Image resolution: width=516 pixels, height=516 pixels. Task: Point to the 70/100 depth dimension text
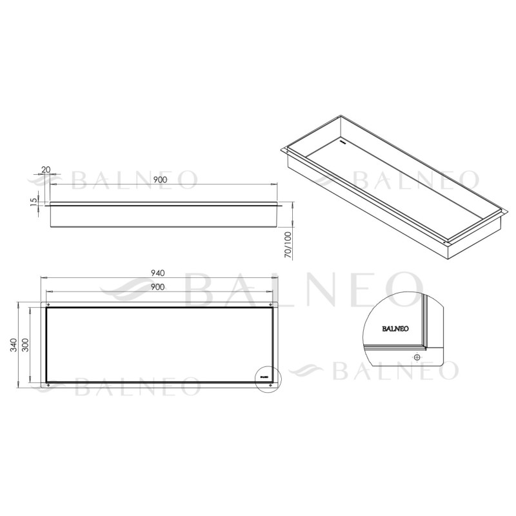(288, 246)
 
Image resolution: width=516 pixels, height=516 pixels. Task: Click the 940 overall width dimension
(159, 273)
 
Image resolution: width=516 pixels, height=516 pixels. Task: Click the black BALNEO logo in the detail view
(393, 328)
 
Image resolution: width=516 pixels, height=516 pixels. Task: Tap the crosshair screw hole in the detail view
(417, 357)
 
